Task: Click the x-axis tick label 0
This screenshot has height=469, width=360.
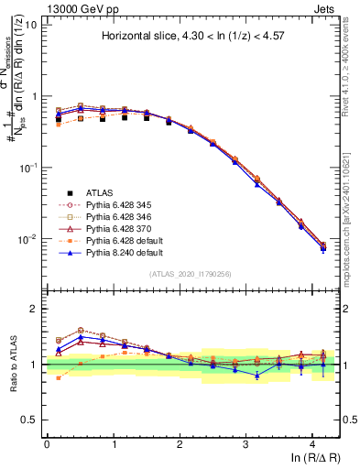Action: (47, 444)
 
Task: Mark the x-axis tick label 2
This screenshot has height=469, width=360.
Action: (180, 444)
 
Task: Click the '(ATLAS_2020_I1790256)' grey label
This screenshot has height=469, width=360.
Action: (191, 273)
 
